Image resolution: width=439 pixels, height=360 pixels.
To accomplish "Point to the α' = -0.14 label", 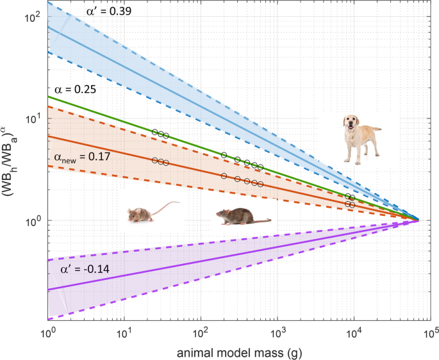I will (83, 270).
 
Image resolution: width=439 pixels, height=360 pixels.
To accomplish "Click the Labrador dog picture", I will (361, 139).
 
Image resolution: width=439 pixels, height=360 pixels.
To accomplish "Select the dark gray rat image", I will (242, 217).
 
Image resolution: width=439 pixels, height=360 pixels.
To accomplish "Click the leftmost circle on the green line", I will (154, 131).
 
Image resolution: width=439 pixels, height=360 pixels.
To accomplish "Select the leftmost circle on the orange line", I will (154, 160).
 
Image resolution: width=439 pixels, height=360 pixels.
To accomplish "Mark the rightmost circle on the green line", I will (352, 198).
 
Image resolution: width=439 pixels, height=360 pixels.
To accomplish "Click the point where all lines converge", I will (418, 220).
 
